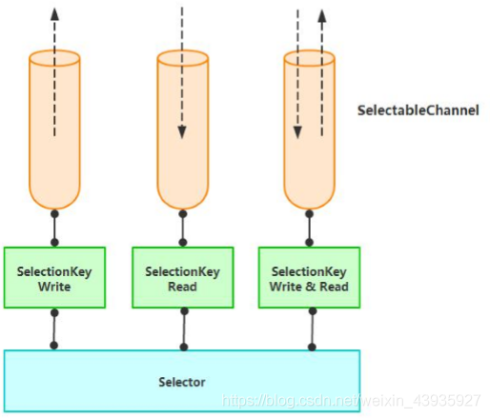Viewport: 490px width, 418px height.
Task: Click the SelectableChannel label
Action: (418, 110)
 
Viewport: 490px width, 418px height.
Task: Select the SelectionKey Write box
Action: (54, 278)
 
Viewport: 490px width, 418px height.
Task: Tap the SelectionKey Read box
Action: (182, 278)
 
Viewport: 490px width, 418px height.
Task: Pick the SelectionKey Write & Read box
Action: (310, 278)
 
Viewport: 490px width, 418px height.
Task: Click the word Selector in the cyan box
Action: (182, 382)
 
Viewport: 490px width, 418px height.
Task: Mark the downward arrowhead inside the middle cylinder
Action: (182, 134)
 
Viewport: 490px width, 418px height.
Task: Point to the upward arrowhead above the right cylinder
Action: (322, 15)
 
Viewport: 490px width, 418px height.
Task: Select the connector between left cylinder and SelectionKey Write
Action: (54, 228)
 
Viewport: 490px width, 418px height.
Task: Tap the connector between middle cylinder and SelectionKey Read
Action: (182, 228)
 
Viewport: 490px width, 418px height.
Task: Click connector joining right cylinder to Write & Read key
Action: (310, 228)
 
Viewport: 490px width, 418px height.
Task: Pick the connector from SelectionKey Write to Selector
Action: (54, 328)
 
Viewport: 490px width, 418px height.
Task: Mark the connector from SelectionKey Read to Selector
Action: (182, 328)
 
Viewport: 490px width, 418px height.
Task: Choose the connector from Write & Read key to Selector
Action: (310, 328)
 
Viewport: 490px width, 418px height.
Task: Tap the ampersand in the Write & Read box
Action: (310, 287)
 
